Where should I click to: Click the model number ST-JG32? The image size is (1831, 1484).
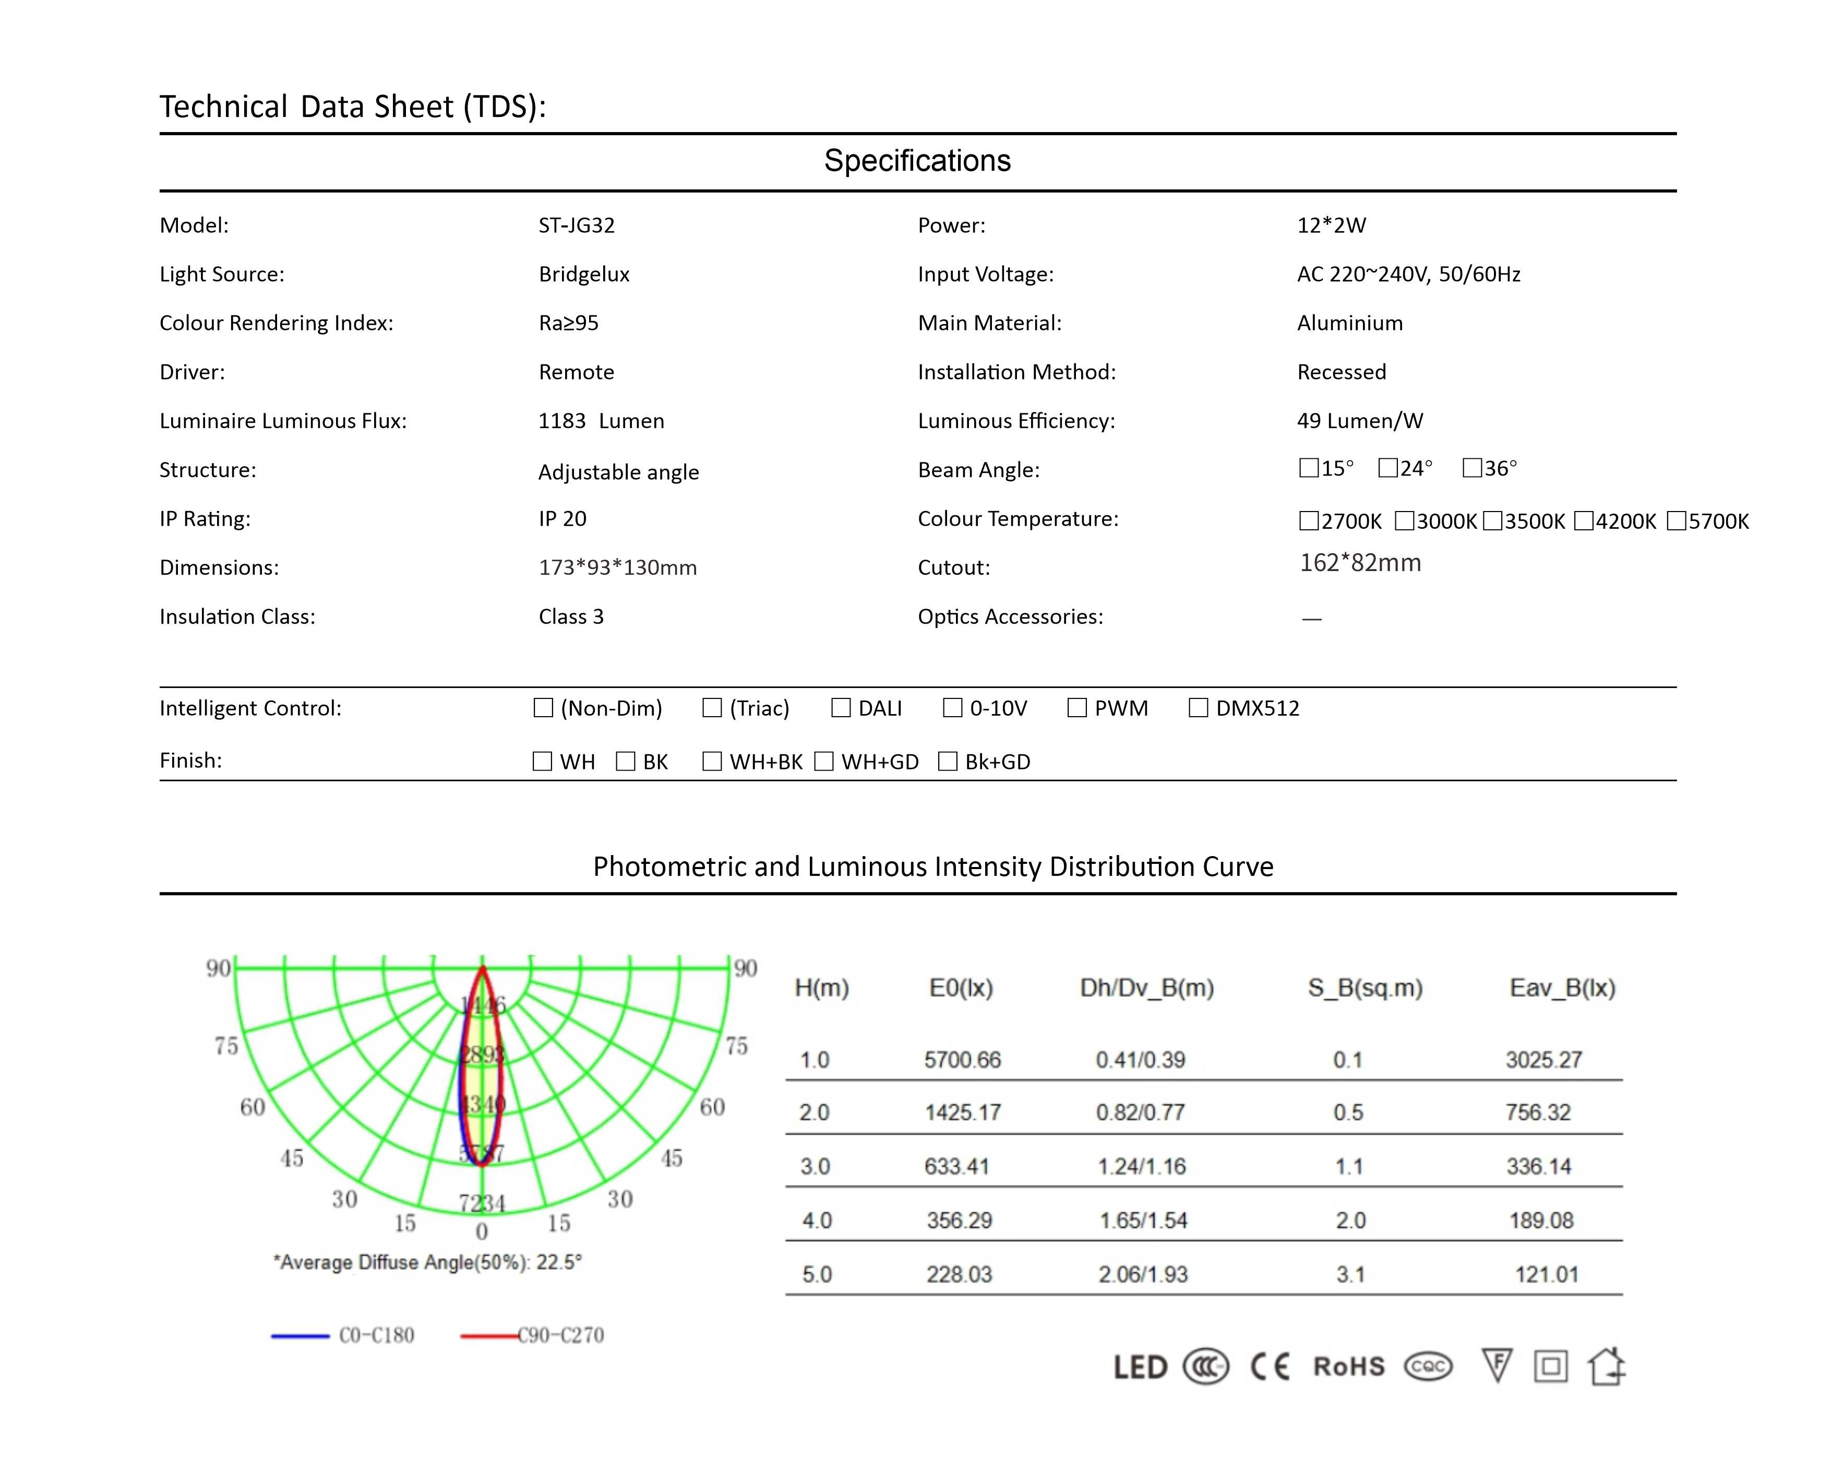[577, 225]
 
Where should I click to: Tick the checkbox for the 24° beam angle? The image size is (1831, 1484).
[1387, 468]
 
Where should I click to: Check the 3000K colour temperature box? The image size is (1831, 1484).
[1404, 520]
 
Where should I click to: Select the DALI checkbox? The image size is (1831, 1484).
[841, 708]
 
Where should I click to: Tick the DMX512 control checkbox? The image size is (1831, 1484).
[1198, 708]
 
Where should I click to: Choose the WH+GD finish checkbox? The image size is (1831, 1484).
[823, 762]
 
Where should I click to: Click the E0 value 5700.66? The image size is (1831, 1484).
[962, 1060]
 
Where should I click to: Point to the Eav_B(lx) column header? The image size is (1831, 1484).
[1562, 988]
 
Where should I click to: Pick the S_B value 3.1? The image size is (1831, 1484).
[1350, 1275]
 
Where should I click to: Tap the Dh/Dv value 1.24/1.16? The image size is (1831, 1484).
[1142, 1167]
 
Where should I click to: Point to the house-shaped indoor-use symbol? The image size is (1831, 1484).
[1606, 1366]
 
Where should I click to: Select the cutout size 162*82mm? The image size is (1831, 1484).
[1360, 563]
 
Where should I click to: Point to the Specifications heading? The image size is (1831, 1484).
[917, 161]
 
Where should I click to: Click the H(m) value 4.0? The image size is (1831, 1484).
[817, 1221]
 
